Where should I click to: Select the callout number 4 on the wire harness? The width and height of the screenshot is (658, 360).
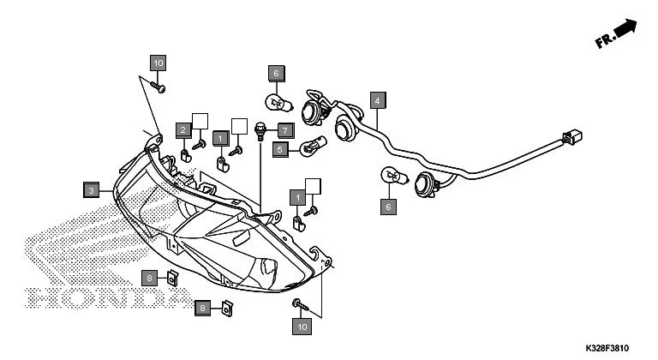(375, 101)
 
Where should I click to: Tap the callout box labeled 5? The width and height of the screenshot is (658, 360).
(279, 149)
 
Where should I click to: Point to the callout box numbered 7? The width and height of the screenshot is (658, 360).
(285, 130)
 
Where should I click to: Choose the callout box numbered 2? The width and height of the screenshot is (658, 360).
(183, 129)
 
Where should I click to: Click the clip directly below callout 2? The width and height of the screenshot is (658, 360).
(185, 157)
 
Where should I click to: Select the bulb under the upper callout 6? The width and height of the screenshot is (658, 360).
(278, 105)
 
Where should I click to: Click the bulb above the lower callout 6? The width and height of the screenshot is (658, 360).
(392, 177)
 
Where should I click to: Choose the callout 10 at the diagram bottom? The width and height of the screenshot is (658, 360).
(301, 326)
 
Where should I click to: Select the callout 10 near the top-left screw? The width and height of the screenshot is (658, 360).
(158, 63)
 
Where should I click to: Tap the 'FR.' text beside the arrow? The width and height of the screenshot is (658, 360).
(605, 40)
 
